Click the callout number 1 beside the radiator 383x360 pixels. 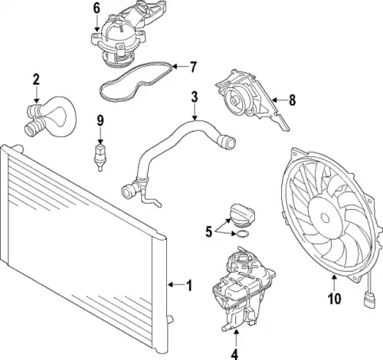click(x=189, y=286)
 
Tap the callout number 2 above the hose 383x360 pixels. click(x=36, y=80)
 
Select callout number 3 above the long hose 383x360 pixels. click(x=195, y=97)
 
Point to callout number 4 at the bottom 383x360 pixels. click(x=234, y=354)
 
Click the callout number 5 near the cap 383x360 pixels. click(x=209, y=232)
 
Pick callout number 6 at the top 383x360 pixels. click(x=97, y=8)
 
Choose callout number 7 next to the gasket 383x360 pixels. click(x=193, y=67)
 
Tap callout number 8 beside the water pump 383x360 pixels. click(x=292, y=100)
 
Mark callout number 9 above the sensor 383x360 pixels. click(x=100, y=121)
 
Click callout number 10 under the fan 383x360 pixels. click(x=335, y=298)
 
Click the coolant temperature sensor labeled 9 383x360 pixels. click(x=100, y=158)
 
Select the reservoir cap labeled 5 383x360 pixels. click(x=243, y=215)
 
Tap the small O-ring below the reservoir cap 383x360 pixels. click(x=242, y=234)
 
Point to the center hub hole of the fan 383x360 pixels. click(x=325, y=218)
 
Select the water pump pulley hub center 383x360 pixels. click(x=234, y=101)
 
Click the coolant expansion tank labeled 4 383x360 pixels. click(x=244, y=290)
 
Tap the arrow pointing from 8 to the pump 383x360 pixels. click(x=280, y=100)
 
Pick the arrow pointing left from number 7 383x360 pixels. click(x=180, y=67)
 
